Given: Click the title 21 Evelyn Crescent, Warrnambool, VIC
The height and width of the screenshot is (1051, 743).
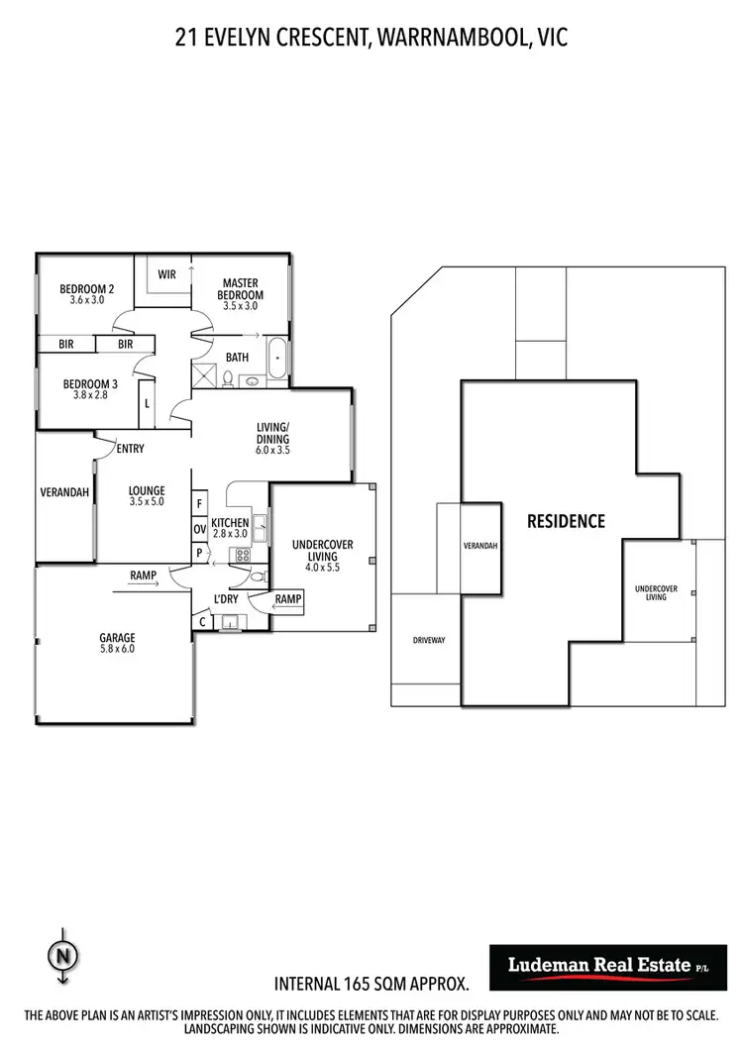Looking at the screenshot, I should coord(371,38).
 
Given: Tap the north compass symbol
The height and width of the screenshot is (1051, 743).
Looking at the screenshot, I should coord(62,956).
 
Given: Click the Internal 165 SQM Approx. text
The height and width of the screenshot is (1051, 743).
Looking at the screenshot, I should coord(371,985).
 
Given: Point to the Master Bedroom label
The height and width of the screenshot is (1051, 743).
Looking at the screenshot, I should coord(240,294).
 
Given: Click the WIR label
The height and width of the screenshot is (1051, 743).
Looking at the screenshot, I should coord(166,274).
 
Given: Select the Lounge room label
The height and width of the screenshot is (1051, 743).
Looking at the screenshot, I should coord(147,495).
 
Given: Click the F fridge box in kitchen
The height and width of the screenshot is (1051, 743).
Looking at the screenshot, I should coord(199,503).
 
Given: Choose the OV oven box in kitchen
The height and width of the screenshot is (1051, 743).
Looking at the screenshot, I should coord(199,528).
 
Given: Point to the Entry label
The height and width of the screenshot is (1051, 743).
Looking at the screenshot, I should coord(130,449).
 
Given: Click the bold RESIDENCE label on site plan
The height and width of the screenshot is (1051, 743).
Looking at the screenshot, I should coord(565,521).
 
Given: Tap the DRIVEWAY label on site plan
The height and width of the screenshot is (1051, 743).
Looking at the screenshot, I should coord(429,641).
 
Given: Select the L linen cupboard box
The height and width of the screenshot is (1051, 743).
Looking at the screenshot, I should coord(148,403).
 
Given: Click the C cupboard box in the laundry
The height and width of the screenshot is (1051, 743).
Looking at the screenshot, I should coord(203,622).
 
